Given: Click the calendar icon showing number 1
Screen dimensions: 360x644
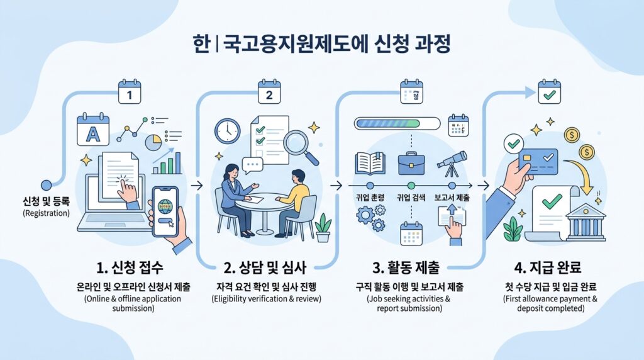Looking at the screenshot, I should pos(130,93).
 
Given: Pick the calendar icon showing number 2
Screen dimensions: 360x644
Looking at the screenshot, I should pos(269,93).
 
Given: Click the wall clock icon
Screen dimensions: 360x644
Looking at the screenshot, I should pos(226,130).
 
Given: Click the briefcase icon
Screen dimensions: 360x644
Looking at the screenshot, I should pos(411,162).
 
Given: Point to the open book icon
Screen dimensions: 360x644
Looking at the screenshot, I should pos(370,162).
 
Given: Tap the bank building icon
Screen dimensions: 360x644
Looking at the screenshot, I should pos(585,218).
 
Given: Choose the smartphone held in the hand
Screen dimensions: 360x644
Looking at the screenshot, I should pos(165,211).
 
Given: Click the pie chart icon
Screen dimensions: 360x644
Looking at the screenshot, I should pos(153,142).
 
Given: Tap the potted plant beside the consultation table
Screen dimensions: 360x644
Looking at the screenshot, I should pos(323,227).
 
